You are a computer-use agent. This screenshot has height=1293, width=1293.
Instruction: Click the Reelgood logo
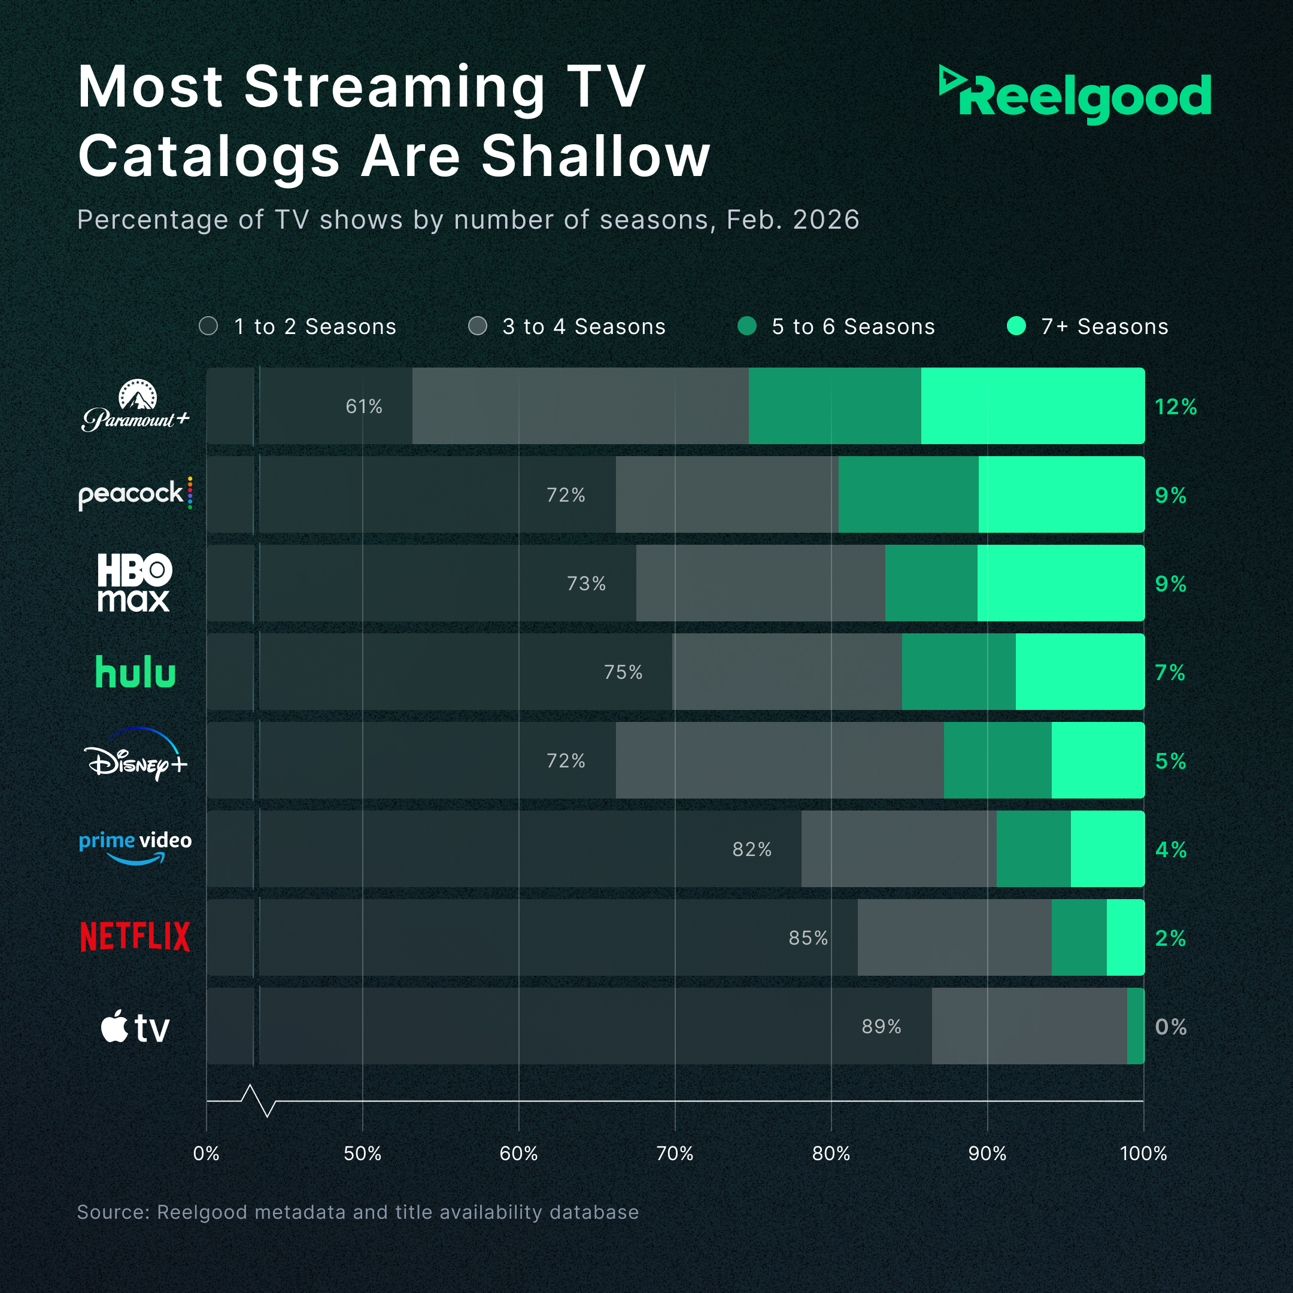pos(1075,96)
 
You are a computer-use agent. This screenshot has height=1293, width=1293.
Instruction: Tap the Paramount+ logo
pos(136,406)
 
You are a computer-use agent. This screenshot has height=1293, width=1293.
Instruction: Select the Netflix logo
pos(135,937)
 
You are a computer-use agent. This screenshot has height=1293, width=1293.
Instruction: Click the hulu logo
pos(135,673)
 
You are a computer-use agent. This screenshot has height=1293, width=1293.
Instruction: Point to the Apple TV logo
pos(135,1027)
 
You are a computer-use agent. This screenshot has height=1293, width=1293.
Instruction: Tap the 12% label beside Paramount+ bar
pos(1175,407)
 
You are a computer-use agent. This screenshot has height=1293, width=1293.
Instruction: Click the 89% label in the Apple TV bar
pos(881,1027)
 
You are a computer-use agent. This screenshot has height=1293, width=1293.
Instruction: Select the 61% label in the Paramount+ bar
pos(363,406)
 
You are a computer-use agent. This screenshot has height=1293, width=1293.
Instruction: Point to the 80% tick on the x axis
pos(830,1153)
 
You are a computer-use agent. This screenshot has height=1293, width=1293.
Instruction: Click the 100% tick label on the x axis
pos(1143,1153)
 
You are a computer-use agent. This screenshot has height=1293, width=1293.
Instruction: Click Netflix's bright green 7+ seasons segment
pos(1125,937)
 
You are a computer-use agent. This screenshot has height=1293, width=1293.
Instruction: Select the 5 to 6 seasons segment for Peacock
pos(907,494)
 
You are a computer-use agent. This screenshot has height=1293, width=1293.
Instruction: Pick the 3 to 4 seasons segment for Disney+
pos(779,760)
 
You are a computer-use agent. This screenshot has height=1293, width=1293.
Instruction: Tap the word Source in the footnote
pos(111,1212)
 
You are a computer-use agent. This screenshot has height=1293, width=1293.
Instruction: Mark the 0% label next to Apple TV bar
pos(1170,1027)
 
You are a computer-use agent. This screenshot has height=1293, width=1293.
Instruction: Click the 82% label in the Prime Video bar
pos(752,849)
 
